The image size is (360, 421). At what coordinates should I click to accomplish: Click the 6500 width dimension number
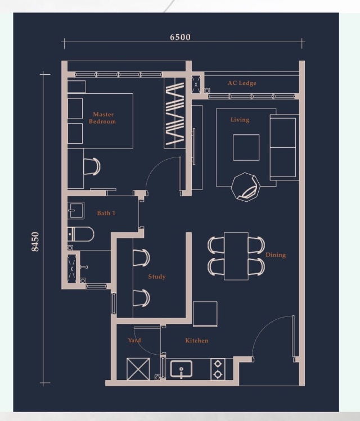point(180,37)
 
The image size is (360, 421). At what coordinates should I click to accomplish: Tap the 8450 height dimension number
point(35,242)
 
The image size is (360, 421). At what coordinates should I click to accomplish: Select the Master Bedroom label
point(102,118)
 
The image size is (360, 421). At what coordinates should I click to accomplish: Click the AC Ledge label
point(242,83)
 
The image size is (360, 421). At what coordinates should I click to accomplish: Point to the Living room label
point(240,120)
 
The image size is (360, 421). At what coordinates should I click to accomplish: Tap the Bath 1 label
point(106,213)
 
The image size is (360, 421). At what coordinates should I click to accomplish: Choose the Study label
point(156,277)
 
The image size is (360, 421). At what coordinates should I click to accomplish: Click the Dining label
point(276,255)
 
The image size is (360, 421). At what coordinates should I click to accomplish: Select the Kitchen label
point(197,341)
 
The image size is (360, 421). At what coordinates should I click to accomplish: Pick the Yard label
point(134,340)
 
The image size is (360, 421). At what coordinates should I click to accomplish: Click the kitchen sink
point(181,369)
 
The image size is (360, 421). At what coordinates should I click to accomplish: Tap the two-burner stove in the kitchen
point(218,369)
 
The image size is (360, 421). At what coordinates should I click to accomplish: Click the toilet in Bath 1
point(80,234)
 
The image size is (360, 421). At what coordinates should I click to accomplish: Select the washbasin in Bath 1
point(76,210)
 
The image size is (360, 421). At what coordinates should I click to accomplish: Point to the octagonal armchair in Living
point(245,187)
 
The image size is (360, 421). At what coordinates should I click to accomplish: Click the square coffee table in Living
point(246,147)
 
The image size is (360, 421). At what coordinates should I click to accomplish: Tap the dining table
point(236,256)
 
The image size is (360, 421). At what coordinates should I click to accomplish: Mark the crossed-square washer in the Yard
point(138,369)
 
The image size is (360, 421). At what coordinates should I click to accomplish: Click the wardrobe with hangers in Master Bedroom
point(175,113)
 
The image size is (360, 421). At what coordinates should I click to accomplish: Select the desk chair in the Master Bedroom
point(92,166)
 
